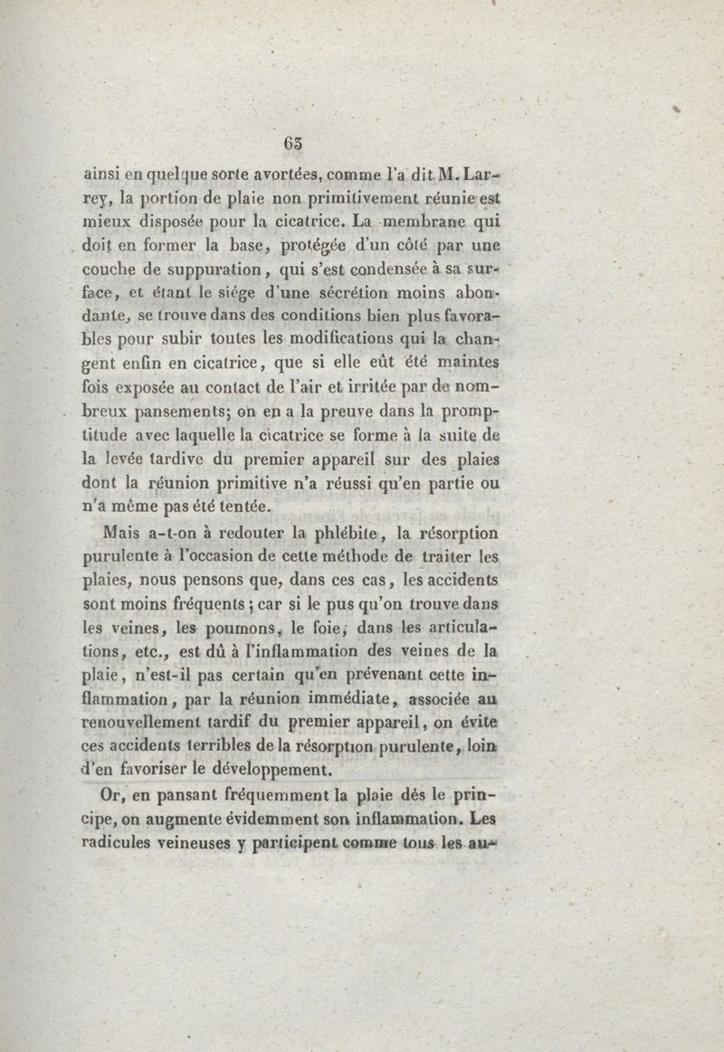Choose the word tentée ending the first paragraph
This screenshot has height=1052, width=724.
pyautogui.click(x=238, y=507)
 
